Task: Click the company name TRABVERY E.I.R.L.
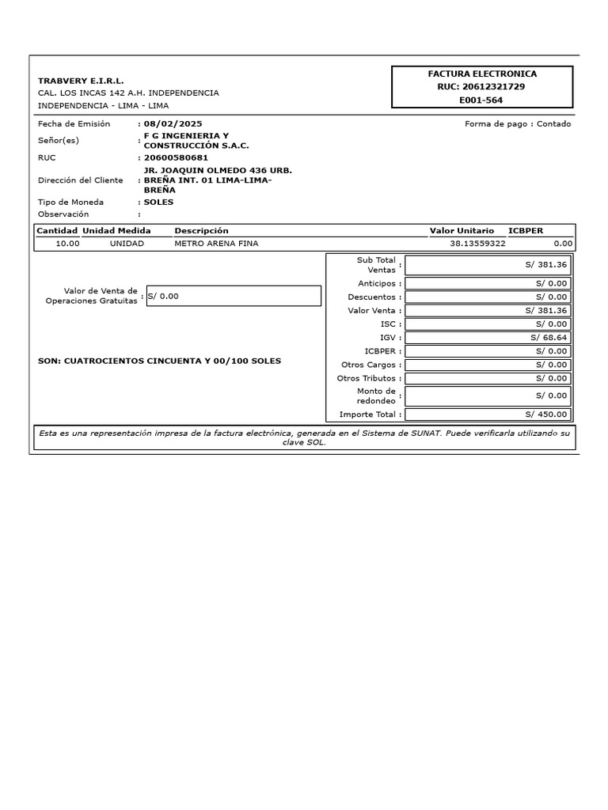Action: (81, 81)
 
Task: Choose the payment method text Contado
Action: (553, 123)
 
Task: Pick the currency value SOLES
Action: (158, 202)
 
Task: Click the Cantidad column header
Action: (58, 230)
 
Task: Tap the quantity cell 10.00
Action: (67, 244)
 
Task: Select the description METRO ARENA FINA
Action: (216, 244)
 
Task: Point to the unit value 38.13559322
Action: (477, 244)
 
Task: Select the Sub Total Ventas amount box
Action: (488, 265)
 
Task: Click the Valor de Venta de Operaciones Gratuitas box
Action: (234, 296)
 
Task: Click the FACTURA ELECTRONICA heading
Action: (481, 74)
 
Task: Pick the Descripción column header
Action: (201, 230)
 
